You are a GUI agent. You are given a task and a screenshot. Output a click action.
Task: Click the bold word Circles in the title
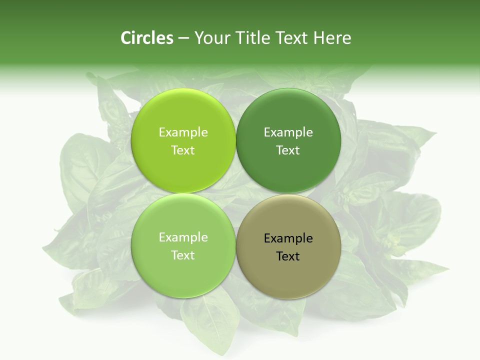[x=147, y=38]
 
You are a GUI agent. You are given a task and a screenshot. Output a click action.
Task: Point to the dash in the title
[x=183, y=38]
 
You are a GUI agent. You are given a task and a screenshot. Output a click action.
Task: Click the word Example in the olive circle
[x=288, y=238]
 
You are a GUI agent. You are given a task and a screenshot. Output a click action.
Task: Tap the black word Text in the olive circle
[x=288, y=256]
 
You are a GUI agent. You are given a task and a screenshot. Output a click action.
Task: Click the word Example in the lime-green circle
[x=183, y=132]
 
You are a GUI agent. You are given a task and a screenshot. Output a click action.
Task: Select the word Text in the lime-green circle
[x=183, y=150]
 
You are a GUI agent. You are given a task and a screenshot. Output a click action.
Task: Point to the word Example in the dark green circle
[x=288, y=132]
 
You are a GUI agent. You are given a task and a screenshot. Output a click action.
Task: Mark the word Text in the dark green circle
[x=288, y=150]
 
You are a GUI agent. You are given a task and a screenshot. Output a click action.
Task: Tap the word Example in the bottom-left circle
[x=183, y=237]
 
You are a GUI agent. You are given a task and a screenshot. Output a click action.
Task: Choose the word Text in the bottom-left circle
[x=183, y=255]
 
